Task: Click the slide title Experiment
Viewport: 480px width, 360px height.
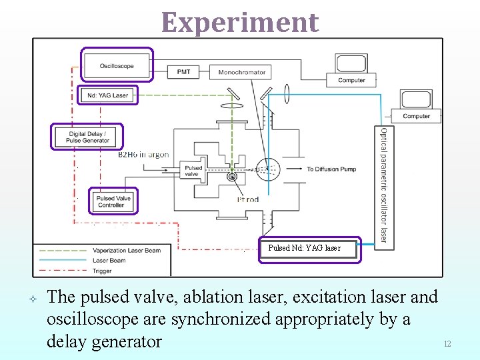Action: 240,22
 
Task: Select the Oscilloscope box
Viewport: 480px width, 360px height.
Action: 117,65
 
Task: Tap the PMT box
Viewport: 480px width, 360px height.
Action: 183,72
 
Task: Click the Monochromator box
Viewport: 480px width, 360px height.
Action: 241,72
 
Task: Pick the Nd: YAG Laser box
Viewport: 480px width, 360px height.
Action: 108,95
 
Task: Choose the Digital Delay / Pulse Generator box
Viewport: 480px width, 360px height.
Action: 88,137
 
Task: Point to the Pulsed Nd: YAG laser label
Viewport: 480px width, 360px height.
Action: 305,248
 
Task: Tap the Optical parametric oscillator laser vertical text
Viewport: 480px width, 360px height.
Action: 384,184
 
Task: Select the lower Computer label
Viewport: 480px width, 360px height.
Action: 417,116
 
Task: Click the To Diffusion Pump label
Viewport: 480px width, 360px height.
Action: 331,169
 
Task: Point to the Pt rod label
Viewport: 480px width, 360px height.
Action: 248,199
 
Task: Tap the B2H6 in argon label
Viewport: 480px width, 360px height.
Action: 143,155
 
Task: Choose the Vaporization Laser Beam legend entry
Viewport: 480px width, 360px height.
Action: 127,251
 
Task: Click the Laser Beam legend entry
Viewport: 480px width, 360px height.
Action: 111,261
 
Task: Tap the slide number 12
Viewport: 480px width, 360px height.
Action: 447,344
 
